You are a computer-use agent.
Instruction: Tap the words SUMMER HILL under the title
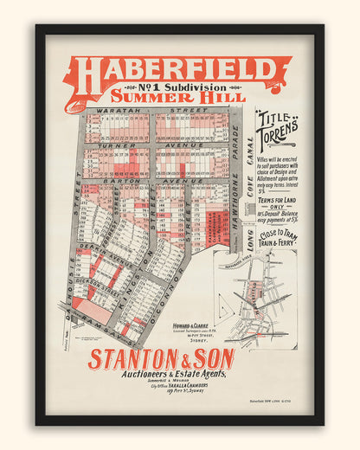pyautogui.click(x=177, y=96)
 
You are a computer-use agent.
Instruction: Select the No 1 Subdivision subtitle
pyautogui.click(x=177, y=87)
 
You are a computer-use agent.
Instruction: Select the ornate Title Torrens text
pyautogui.click(x=276, y=128)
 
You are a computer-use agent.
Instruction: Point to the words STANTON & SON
pyautogui.click(x=160, y=357)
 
